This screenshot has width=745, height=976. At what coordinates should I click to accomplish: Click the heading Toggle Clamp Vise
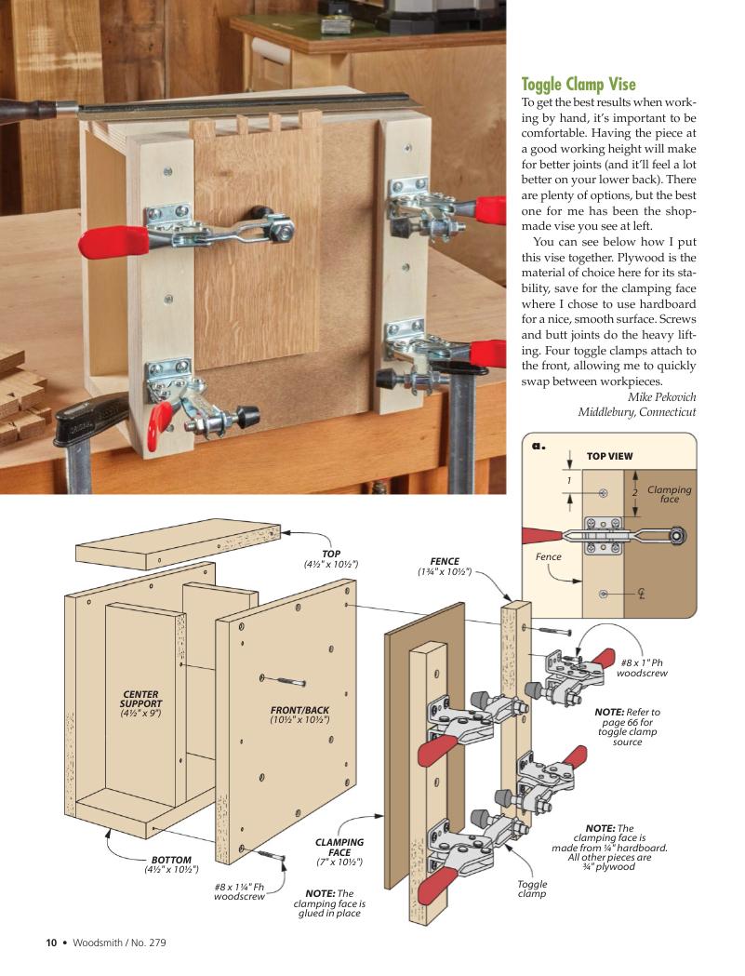pos(578,85)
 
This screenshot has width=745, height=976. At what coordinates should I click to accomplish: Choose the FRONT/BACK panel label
pos(299,715)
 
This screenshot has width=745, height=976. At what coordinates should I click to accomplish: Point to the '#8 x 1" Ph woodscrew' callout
pos(642,667)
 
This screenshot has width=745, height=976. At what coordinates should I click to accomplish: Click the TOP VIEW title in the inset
pos(609,457)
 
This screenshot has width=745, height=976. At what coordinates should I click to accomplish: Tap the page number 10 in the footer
pos(52,942)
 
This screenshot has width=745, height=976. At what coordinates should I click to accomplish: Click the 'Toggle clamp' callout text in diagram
pos(532,889)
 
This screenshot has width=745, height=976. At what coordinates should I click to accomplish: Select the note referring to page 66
pos(627,727)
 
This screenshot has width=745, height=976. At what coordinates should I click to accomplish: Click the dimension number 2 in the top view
pos(634,491)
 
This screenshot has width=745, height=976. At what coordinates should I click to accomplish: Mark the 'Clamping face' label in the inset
pos(669,494)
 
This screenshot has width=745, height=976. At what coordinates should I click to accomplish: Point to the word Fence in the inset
pos(549,556)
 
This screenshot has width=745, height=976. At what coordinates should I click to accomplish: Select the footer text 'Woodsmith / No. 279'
pos(119,942)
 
